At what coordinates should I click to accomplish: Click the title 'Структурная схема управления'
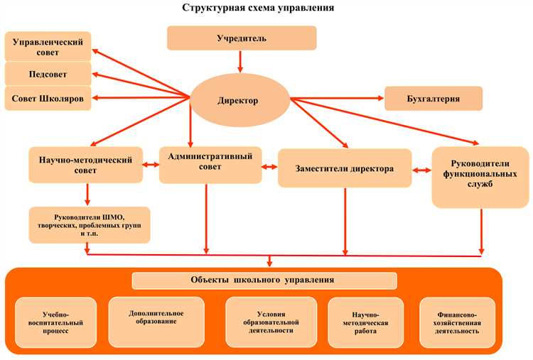point(258,8)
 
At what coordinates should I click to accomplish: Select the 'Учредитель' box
point(242,38)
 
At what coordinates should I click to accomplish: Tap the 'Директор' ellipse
point(237,101)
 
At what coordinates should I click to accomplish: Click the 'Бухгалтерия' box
point(434,99)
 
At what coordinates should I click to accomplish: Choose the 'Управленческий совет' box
point(48,47)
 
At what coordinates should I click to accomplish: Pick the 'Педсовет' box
point(48,74)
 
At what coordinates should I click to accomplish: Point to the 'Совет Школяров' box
point(48,99)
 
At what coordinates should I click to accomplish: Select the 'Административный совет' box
point(210,164)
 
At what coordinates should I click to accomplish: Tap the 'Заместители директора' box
point(344,168)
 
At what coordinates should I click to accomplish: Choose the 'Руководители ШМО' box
point(90,224)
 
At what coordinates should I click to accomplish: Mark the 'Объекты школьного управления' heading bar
point(264,280)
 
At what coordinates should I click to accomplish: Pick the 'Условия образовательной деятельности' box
point(271,322)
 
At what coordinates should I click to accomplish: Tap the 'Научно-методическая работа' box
point(370,322)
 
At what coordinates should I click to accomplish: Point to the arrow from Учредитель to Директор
point(241,62)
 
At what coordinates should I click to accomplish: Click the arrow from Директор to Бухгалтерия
point(338,99)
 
